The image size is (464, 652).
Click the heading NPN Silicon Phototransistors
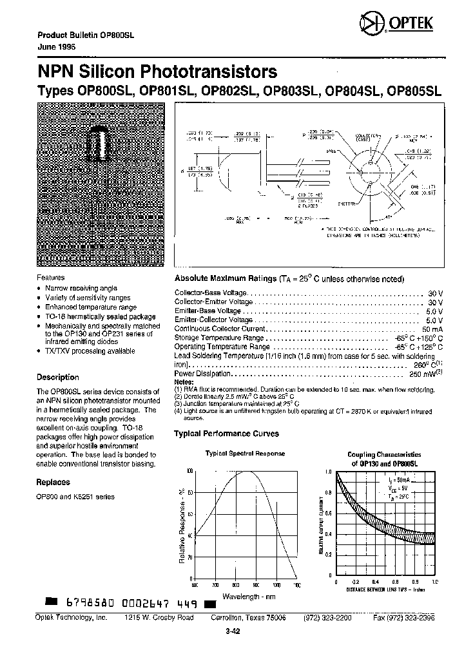point(157,72)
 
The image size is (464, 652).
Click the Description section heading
point(57,378)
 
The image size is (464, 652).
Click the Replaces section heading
point(53,482)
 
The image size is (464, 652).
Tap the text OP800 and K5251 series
point(75,497)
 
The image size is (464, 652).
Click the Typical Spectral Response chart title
point(245,454)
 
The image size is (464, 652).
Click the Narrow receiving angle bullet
point(81,288)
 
